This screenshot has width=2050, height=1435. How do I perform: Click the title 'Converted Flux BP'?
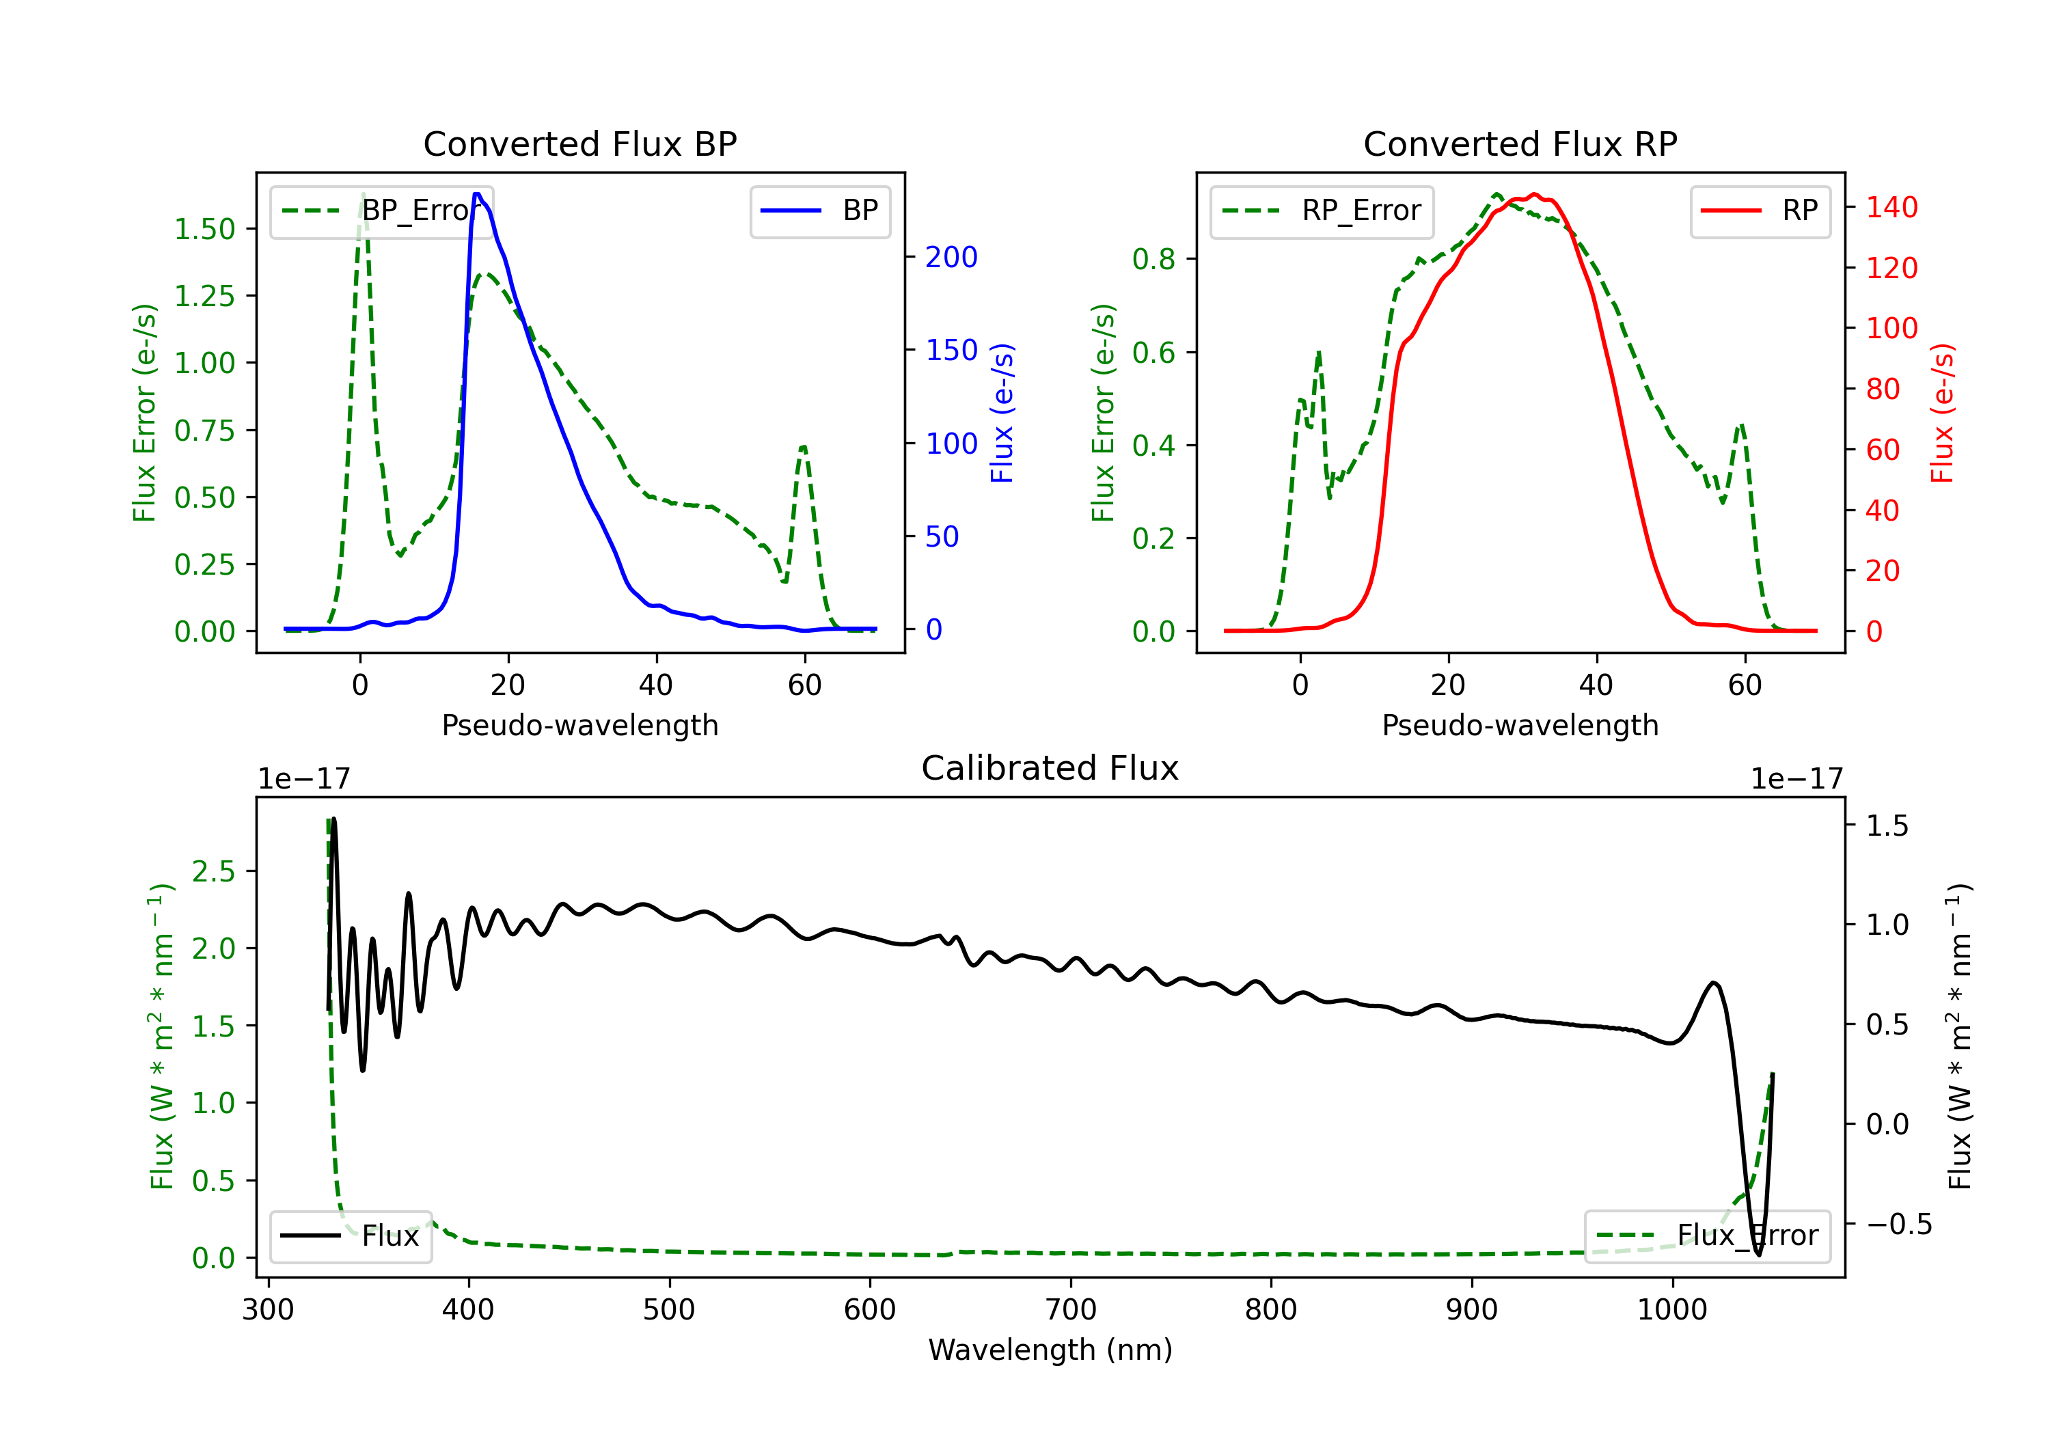(579, 143)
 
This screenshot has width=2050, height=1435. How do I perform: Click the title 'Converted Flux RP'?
(1520, 143)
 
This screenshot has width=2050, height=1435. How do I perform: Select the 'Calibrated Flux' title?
(1050, 768)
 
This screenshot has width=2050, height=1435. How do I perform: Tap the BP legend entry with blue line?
(819, 210)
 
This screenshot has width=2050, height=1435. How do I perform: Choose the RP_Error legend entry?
(1322, 210)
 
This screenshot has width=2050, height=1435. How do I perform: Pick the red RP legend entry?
(1760, 210)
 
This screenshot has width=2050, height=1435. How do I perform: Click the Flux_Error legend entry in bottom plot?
(1707, 1236)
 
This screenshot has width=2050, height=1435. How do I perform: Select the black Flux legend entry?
(350, 1236)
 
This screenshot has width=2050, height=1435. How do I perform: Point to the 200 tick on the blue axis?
(951, 257)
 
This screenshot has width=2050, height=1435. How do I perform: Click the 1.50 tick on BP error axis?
(204, 229)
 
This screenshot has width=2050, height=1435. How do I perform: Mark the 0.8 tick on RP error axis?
(1153, 259)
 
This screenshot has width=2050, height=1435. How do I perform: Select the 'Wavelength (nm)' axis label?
(1050, 1350)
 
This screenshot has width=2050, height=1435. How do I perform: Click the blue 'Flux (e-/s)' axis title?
(1002, 413)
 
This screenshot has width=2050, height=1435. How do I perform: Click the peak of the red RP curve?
(1534, 194)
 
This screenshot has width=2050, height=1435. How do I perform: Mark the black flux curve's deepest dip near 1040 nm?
(1758, 1255)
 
